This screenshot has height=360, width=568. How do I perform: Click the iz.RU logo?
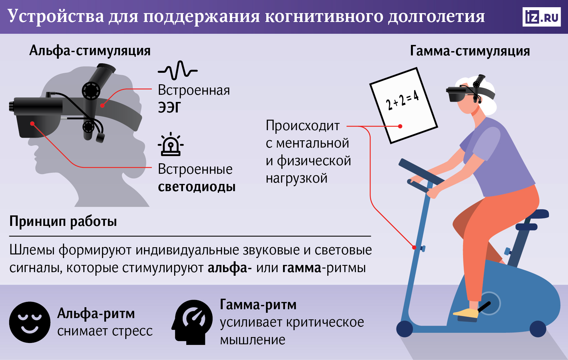pyautogui.click(x=541, y=17)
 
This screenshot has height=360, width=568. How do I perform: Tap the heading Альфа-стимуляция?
pyautogui.click(x=90, y=51)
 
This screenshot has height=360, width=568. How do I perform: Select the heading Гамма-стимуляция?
pyautogui.click(x=470, y=51)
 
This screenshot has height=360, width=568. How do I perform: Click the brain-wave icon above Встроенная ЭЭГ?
pyautogui.click(x=177, y=70)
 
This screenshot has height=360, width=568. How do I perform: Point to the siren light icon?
pyautogui.click(x=171, y=145)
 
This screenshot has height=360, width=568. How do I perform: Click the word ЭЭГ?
pyautogui.click(x=169, y=108)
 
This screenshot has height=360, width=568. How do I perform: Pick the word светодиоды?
pyautogui.click(x=197, y=187)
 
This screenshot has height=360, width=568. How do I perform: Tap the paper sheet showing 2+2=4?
pyautogui.click(x=403, y=105)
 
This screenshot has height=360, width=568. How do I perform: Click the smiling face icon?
pyautogui.click(x=30, y=322)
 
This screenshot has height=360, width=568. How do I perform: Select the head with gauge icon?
pyautogui.click(x=193, y=322)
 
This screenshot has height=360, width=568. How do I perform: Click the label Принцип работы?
pyautogui.click(x=63, y=221)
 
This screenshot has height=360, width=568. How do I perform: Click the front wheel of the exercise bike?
pyautogui.click(x=405, y=329)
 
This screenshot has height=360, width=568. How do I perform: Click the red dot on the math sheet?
pyautogui.click(x=400, y=126)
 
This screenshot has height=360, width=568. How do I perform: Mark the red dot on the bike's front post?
pyautogui.click(x=414, y=247)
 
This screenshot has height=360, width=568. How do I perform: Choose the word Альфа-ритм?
pyautogui.click(x=96, y=314)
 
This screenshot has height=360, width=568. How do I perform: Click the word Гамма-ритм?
pyautogui.click(x=258, y=305)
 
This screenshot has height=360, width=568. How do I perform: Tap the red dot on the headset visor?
pyautogui.click(x=32, y=124)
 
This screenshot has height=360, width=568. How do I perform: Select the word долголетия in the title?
pyautogui.click(x=436, y=16)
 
